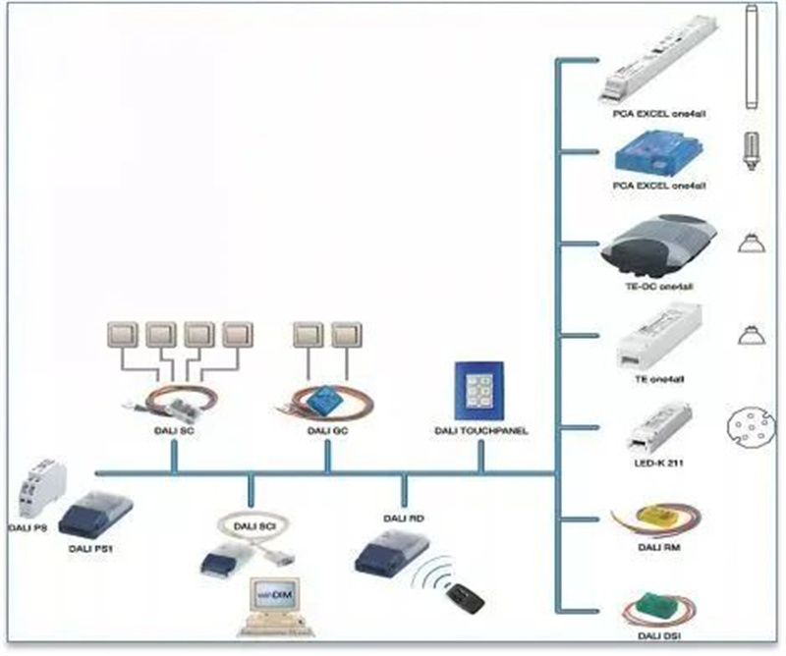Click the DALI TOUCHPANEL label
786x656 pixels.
(480, 431)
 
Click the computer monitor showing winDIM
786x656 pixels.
(271, 597)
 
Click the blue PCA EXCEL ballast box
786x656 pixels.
(647, 153)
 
